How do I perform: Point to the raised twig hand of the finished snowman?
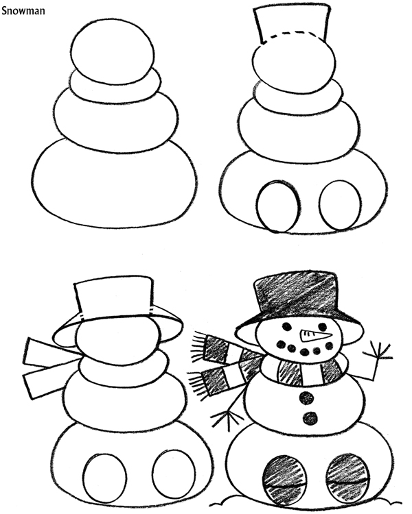tap(378, 356)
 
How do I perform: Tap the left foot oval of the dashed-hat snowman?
tap(277, 205)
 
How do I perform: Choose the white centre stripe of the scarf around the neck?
tap(312, 373)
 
